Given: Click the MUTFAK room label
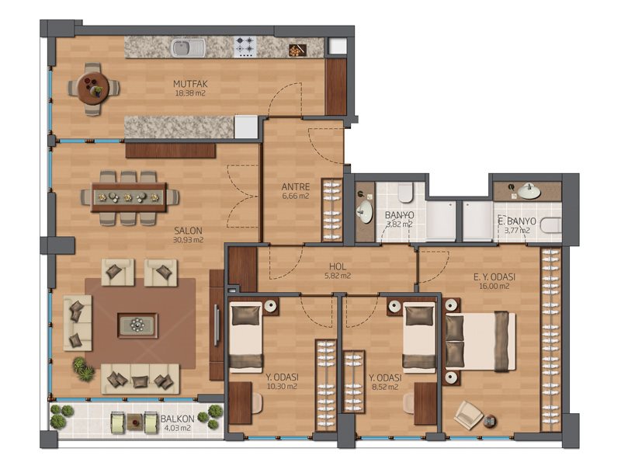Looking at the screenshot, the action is [190, 84].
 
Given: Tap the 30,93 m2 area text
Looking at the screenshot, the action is [189, 240].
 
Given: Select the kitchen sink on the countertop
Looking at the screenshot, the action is [188, 48].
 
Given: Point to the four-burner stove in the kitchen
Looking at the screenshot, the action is [245, 47].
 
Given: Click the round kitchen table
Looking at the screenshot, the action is [93, 89].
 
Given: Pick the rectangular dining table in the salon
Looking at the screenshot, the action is [129, 197].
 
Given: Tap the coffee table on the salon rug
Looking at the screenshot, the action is [137, 325].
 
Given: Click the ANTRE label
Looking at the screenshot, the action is [296, 186].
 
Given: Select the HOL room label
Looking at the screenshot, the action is [338, 266].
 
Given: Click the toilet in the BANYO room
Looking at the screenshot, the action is [405, 193].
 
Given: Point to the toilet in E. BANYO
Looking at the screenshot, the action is [551, 225].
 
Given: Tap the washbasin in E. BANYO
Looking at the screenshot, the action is [529, 191].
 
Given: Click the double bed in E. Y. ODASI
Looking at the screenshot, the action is [480, 341].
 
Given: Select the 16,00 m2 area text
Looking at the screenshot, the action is [494, 286].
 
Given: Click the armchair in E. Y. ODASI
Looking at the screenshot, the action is [469, 415].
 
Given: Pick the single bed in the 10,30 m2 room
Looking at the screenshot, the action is [246, 338].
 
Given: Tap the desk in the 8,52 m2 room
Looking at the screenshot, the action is [425, 403].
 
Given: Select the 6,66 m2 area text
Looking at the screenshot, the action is [296, 196].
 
